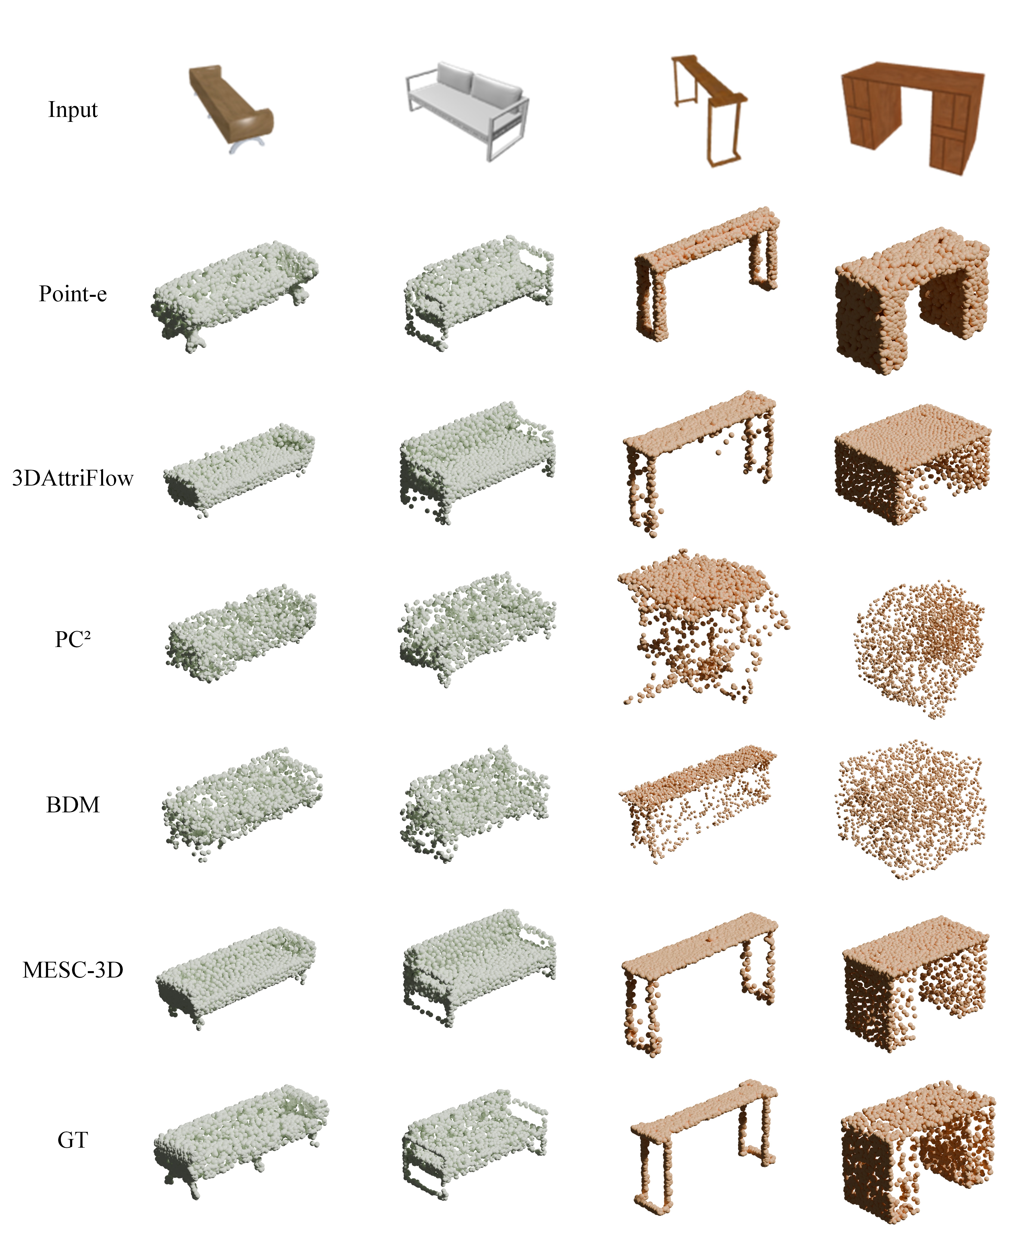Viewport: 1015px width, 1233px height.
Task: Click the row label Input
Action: [73, 110]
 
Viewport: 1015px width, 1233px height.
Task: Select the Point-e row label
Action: [73, 293]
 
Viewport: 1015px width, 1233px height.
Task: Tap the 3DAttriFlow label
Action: [73, 478]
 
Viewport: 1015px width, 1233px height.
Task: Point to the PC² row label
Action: [73, 639]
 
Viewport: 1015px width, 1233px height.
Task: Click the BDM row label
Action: [73, 805]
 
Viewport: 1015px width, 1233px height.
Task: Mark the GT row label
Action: [73, 1140]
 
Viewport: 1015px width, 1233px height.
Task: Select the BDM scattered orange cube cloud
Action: [912, 810]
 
